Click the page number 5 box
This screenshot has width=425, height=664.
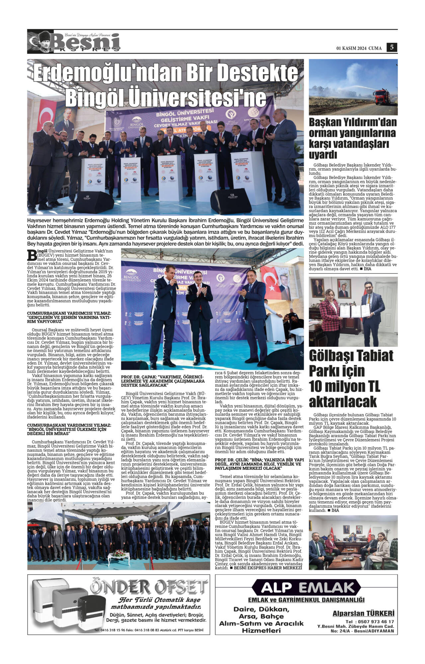[392, 47]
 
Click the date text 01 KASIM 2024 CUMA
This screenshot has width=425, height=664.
[359, 48]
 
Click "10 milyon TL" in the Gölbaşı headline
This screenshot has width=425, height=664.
[344, 386]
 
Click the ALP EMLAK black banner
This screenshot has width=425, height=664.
[306, 587]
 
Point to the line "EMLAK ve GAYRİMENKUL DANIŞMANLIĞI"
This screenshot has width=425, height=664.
[306, 600]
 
